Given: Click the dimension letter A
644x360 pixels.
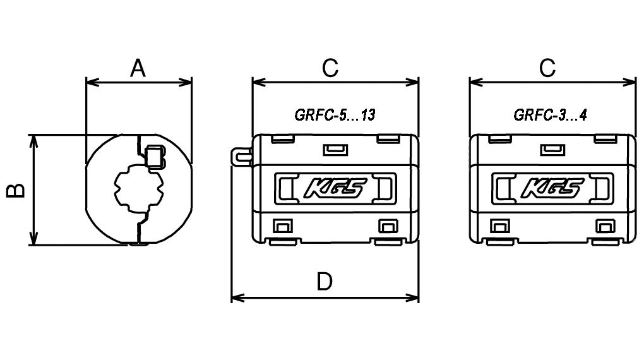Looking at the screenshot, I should pos(138,67).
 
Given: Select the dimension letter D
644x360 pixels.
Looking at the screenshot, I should pos(325,282).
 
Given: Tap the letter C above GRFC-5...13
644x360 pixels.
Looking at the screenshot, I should pos(330,68).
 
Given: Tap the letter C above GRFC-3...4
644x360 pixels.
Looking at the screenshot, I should pos(547,68).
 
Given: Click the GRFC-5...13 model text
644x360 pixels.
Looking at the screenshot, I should pos(335,115).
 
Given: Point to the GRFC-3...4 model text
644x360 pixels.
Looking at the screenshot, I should pos(551,115).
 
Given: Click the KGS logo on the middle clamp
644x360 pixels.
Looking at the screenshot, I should pos(334,188).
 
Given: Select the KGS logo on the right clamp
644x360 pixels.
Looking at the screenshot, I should pos(551,188).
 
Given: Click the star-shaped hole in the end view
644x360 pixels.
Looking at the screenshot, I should pos(138,188).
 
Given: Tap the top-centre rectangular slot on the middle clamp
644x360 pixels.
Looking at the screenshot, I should pos(335,149).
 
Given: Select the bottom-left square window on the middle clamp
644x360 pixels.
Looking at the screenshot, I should pos(281,225).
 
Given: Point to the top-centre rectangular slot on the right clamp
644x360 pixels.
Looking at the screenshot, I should pos(552,149).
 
